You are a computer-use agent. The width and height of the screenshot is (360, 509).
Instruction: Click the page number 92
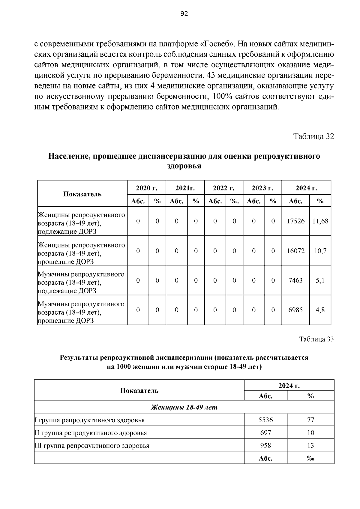coord(184,14)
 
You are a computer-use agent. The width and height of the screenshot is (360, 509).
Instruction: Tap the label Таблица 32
coord(313,136)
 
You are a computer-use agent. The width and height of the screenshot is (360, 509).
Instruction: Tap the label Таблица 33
coord(316,339)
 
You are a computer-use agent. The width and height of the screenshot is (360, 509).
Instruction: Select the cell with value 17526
coord(295,221)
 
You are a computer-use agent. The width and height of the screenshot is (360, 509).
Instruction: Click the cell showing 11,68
coord(320,221)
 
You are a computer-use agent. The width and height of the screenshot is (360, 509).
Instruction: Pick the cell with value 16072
coord(295,251)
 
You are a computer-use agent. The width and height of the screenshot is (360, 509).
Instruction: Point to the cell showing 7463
coord(295,280)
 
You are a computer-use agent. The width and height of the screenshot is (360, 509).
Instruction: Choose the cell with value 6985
coord(295,310)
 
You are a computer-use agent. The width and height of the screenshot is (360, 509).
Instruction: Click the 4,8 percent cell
coord(320,310)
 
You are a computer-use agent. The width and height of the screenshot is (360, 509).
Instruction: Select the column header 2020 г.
coord(147,188)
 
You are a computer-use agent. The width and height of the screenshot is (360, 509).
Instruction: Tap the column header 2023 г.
coord(262,188)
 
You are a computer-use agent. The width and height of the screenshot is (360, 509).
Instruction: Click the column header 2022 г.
coord(223,188)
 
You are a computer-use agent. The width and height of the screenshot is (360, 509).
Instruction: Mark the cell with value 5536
coord(265,420)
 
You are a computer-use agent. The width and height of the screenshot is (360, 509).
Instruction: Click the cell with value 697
coord(265,433)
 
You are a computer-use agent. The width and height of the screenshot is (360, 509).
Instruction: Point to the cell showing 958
coord(265,446)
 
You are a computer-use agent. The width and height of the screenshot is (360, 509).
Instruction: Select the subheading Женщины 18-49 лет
coord(184,407)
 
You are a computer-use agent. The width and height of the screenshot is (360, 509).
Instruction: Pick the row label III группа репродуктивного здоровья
coord(92,446)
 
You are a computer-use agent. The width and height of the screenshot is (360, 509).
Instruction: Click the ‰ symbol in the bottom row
coord(310,458)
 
